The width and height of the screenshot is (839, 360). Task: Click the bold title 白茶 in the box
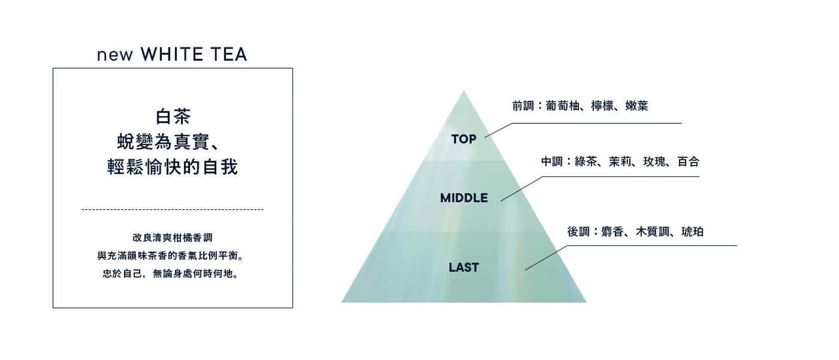(173, 117)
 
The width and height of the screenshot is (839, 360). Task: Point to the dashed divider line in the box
(172, 209)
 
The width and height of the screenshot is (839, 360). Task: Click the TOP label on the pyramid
(463, 139)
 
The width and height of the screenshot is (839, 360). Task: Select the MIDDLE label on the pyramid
(463, 197)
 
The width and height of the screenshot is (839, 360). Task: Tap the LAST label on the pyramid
(463, 267)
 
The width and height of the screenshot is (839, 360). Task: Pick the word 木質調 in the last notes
(652, 231)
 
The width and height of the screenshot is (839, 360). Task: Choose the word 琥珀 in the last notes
(692, 231)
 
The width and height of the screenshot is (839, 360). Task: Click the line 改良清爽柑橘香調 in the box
(172, 237)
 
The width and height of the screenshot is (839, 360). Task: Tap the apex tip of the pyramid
(464, 92)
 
